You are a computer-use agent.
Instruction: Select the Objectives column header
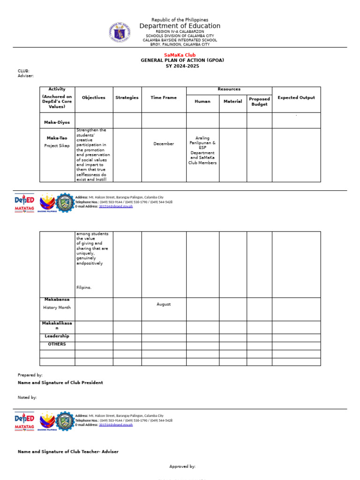coord(94,97)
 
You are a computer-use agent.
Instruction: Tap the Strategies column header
coord(127,97)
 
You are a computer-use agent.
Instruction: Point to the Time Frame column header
coord(164,97)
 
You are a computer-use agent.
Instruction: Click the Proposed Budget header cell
coord(259,102)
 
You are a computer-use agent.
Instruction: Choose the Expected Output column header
coord(296,97)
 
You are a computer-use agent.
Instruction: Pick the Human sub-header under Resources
coord(202,101)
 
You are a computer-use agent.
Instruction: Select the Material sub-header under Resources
coord(232,101)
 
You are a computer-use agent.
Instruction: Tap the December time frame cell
coord(164,144)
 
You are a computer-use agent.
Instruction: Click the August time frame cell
coord(164,304)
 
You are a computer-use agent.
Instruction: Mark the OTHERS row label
coord(57,344)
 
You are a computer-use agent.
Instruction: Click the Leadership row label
coord(57,336)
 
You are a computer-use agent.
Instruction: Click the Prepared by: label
coord(30,375)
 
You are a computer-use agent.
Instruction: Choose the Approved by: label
coord(182,466)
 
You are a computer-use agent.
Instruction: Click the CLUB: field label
coord(23,71)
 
